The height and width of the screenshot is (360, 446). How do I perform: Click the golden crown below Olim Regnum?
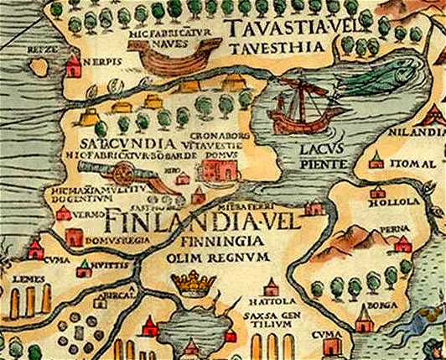[194, 282]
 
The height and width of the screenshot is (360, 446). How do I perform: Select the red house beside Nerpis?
[73, 64]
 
